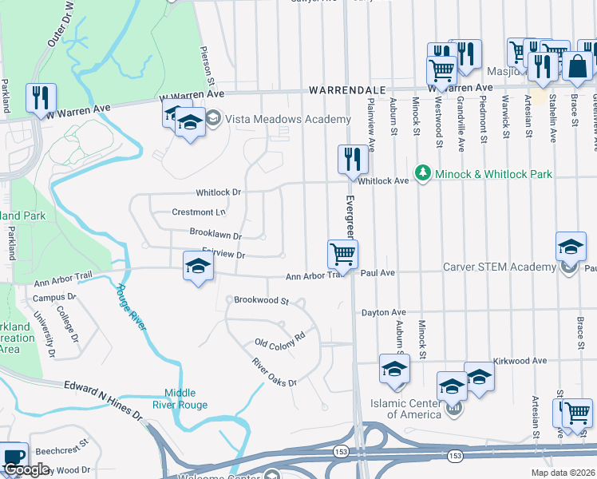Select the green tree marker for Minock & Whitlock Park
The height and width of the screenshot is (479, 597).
421,172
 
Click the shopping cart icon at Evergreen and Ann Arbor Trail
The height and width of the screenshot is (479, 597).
342,255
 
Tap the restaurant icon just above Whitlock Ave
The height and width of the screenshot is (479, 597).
352,158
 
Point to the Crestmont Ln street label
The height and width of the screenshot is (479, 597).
199,212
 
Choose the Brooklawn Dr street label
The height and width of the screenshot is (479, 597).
215,232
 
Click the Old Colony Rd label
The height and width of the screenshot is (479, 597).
280,338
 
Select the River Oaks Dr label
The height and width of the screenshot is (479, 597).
274,373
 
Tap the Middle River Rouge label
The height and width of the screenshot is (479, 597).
186,398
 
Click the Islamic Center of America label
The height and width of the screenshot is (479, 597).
413,409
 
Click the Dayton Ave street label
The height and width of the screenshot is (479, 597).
384,312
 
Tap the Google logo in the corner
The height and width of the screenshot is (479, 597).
26,469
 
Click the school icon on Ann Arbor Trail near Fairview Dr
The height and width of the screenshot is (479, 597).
198,267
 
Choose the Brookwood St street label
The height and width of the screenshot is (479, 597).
261,300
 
